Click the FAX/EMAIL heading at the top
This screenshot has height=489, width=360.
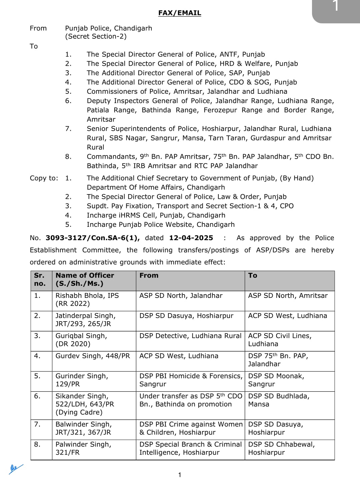point(179,13)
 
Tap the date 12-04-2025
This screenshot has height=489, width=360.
point(191,238)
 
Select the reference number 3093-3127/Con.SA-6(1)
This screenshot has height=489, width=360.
point(92,238)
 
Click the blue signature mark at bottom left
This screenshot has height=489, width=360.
point(15,469)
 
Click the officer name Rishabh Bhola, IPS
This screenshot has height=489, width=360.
point(87,296)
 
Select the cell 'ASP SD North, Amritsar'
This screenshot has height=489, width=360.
point(288,296)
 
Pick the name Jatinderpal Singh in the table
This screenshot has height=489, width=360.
point(85,316)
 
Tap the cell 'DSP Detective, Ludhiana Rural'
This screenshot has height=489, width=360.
point(190,336)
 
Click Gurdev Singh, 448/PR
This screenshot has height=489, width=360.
point(93,356)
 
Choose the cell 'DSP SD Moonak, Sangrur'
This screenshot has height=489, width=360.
point(276,380)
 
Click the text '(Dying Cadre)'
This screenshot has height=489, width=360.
point(79,412)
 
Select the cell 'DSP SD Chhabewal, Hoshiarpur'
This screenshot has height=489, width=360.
point(281,448)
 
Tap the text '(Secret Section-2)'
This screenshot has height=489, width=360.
point(96,36)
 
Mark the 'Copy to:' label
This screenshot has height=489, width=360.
point(44,178)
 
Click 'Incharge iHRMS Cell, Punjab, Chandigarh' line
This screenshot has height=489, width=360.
point(156,215)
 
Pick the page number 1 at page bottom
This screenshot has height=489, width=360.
point(180,475)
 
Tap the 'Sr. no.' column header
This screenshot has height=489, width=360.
point(40,280)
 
